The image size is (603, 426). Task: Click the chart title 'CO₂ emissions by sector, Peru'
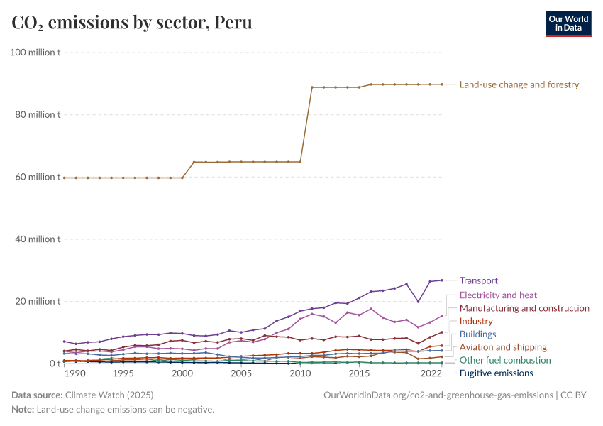click(132, 23)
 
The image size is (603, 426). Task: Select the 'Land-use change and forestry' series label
click(519, 84)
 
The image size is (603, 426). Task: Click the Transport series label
click(478, 280)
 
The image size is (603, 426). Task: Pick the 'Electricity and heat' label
click(498, 295)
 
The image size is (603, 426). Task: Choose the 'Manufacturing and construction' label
click(524, 308)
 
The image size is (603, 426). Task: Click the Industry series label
click(476, 322)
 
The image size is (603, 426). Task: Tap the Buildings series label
click(477, 334)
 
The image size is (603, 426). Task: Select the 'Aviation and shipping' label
click(503, 347)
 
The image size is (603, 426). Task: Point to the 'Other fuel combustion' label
click(505, 361)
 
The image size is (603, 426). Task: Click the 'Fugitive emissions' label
click(496, 373)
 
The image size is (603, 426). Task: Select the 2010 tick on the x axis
click(300, 373)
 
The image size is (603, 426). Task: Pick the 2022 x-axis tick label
click(430, 373)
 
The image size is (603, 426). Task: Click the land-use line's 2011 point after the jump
click(312, 87)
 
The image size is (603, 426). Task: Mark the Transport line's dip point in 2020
click(418, 302)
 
